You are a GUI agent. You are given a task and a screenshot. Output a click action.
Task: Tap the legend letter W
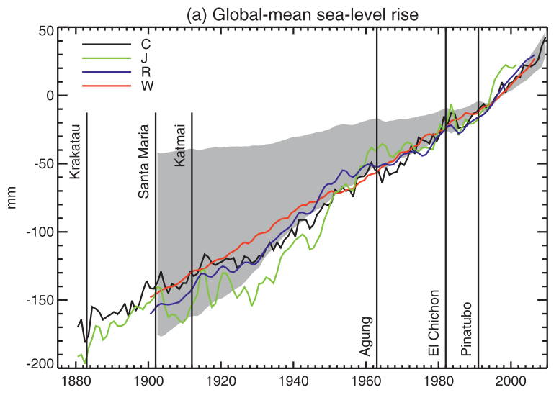point(146,86)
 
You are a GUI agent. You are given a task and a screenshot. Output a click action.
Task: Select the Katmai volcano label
point(181,148)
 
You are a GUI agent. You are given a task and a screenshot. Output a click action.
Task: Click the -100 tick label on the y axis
point(40,232)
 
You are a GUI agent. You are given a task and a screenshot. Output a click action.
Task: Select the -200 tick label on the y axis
point(40,365)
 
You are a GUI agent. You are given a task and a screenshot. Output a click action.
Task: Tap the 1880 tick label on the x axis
point(76,382)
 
